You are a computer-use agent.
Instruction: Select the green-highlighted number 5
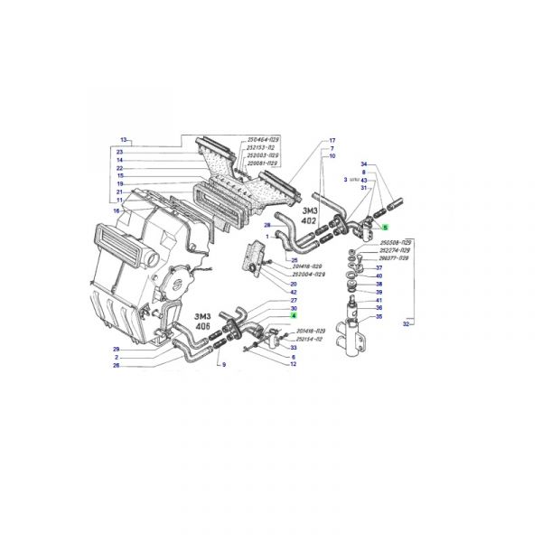384,228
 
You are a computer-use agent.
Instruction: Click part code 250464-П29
264,140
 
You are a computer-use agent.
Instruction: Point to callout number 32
406,324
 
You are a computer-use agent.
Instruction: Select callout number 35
378,317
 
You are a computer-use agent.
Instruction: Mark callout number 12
294,364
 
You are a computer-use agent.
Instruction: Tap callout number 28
267,224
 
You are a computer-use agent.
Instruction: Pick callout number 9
223,375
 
